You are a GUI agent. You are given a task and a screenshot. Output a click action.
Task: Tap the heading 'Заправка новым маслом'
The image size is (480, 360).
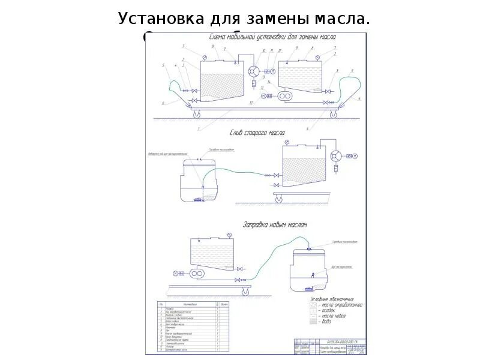point(275,225)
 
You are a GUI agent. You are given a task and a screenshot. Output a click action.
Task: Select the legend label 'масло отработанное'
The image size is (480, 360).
point(343,305)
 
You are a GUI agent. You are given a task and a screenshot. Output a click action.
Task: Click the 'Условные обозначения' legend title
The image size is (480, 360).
point(332,299)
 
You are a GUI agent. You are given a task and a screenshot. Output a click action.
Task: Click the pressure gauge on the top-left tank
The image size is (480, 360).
point(205,58)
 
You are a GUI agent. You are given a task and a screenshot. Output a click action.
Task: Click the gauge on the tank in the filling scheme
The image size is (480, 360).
point(229,234)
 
